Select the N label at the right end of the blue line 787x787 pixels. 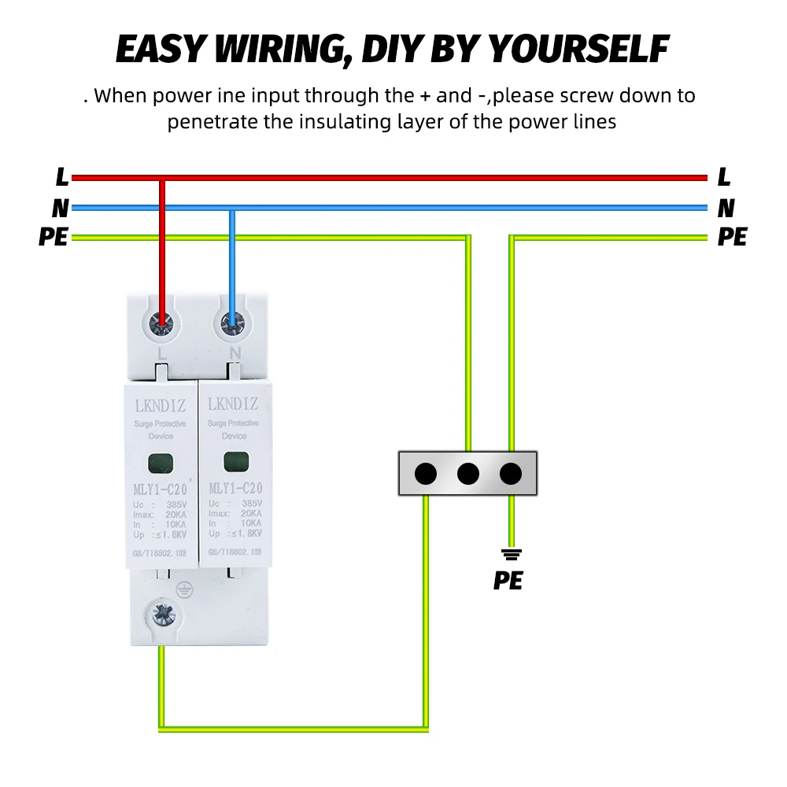[726, 209]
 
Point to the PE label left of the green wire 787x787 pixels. [53, 237]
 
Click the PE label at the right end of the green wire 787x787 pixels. [732, 237]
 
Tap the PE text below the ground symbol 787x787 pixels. [508, 581]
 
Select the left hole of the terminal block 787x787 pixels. [426, 474]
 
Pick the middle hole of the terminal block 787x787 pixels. [468, 474]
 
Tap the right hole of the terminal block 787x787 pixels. [511, 474]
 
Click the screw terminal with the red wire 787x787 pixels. [162, 321]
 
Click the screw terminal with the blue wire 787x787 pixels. [232, 321]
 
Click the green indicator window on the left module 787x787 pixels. [162, 463]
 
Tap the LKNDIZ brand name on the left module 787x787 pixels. [161, 405]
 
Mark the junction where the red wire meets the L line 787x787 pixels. [162, 178]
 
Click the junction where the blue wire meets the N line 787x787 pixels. [232, 209]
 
